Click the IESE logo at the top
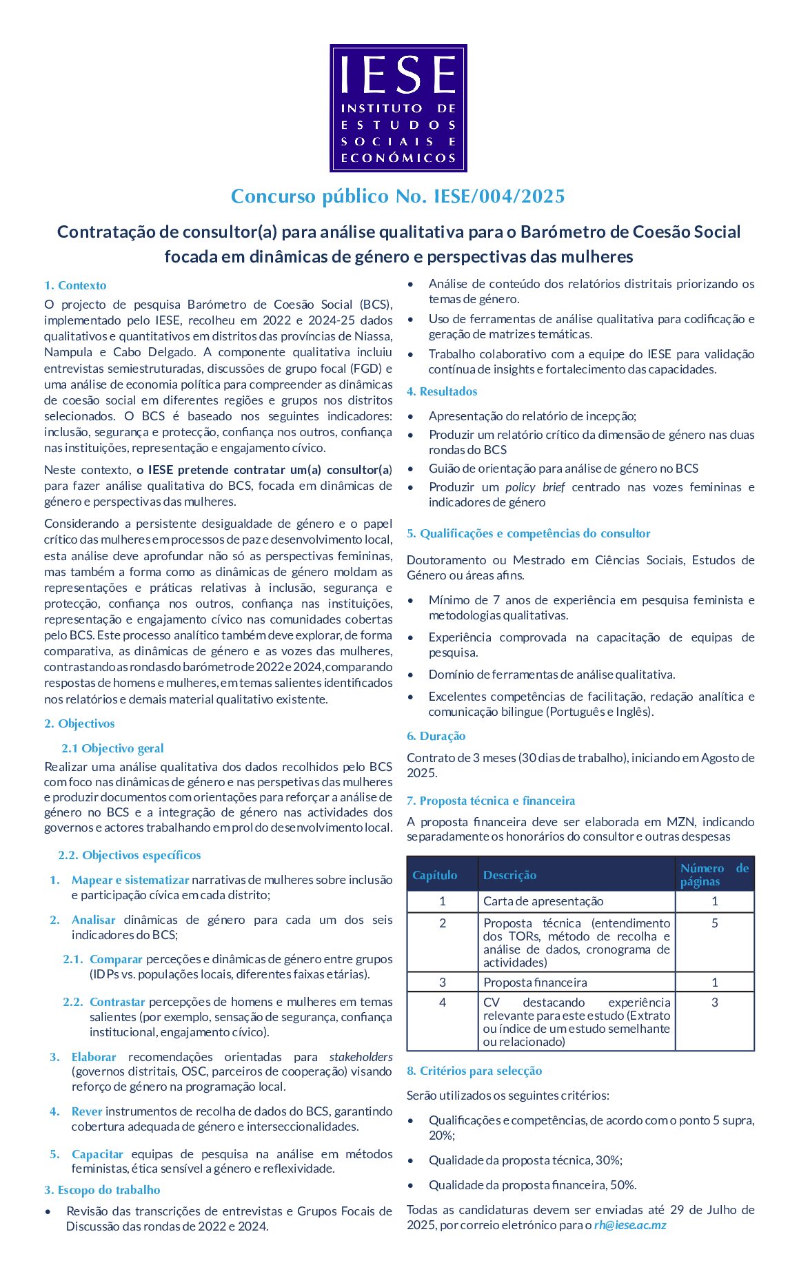398,108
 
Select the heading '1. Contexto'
75,285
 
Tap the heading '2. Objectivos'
79,723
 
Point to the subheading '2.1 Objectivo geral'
112,748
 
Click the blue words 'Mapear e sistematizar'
130,880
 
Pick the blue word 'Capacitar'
97,1154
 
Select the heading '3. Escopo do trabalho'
102,1190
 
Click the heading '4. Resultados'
442,391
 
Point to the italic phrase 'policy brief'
535,487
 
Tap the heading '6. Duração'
436,736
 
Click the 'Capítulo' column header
435,875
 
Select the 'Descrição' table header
509,875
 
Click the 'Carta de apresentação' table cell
543,901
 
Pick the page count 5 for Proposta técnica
715,923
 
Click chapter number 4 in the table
443,1003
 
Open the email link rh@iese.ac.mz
630,1225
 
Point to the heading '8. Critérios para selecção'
474,1071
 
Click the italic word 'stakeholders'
361,1057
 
